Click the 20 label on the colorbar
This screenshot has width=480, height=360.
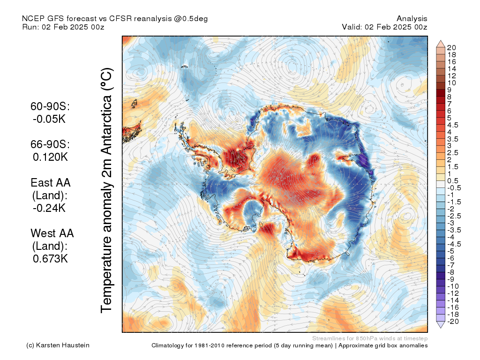pos(452,48)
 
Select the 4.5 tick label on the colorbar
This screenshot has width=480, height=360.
pos(453,125)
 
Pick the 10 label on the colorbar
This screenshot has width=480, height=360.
pos(452,83)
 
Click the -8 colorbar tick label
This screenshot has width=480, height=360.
pos(451,272)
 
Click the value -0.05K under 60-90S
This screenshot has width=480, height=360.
pos(50,119)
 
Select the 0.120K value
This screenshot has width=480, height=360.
pos(50,157)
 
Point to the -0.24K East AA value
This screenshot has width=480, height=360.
pos(50,208)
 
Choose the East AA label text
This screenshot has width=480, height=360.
pos(51,183)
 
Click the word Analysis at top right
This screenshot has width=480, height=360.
pos(412,18)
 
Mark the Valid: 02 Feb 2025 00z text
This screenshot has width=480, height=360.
pos(384,27)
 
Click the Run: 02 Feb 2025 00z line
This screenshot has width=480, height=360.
pos(63,27)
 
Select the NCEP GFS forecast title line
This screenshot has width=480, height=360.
pos(115,18)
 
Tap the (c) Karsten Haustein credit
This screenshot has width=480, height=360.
pos(58,345)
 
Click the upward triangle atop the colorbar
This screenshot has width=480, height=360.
pos(440,44)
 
